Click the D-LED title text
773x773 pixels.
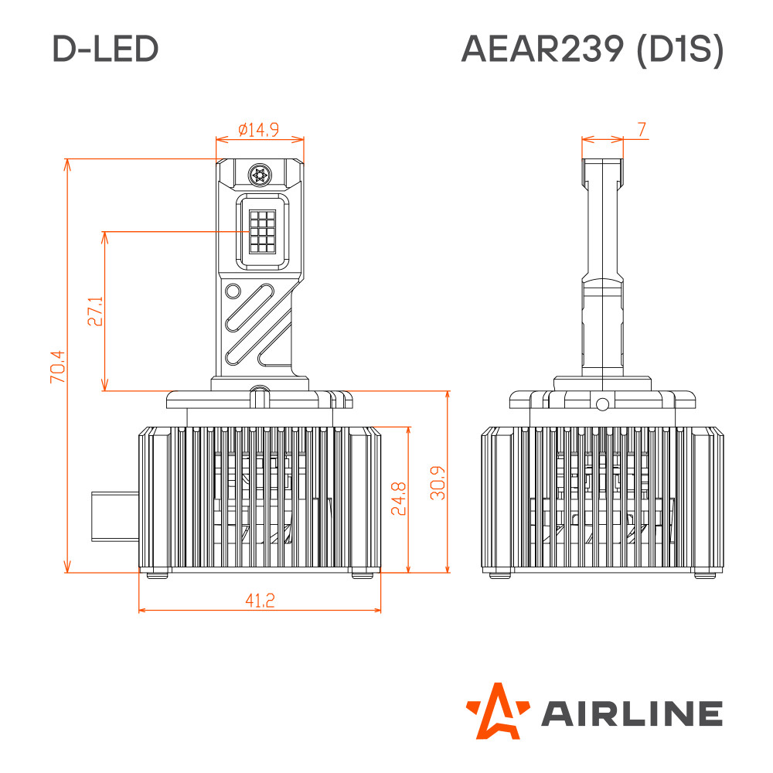click(x=105, y=49)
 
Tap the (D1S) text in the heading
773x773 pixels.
click(x=680, y=49)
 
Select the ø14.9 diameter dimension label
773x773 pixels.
click(x=258, y=130)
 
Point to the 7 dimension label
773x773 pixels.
click(x=642, y=129)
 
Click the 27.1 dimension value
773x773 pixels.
click(x=95, y=311)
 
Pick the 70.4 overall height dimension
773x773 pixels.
click(x=57, y=366)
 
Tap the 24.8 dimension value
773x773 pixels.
click(x=398, y=499)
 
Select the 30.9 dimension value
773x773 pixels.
click(x=438, y=483)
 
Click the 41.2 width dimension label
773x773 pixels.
click(x=260, y=601)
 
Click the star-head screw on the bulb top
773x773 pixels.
click(x=260, y=175)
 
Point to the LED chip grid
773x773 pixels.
click(x=262, y=231)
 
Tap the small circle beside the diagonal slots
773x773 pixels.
click(x=233, y=291)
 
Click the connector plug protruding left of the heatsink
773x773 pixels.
click(x=115, y=516)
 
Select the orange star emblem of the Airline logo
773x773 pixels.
click(x=496, y=711)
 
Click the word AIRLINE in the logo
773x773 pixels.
click(x=632, y=713)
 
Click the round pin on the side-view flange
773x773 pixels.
click(x=602, y=405)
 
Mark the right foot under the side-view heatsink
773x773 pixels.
click(x=705, y=574)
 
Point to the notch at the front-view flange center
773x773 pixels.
click(x=260, y=397)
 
